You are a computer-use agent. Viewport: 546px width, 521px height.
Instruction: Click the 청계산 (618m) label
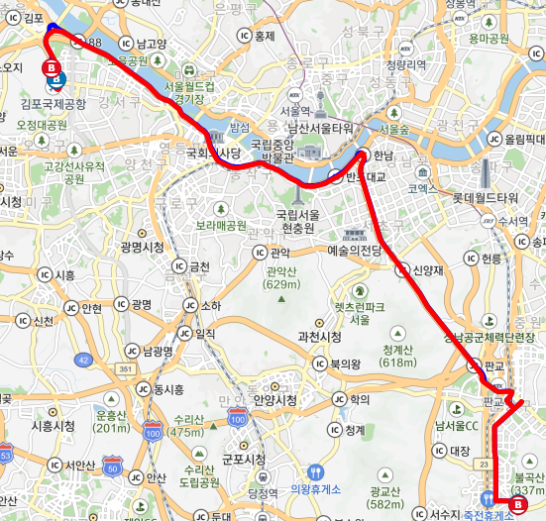tap(396, 356)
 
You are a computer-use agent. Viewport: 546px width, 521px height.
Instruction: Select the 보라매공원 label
tap(220, 225)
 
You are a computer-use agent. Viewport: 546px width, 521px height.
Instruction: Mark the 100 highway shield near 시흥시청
tap(152, 431)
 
